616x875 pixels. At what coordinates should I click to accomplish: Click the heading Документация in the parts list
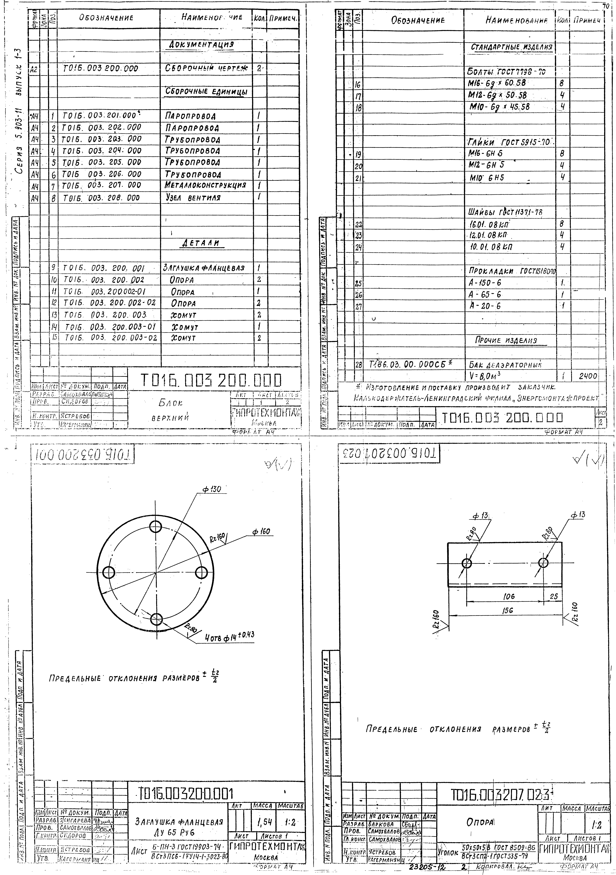tap(201, 45)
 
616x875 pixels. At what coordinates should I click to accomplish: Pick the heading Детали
tap(202, 243)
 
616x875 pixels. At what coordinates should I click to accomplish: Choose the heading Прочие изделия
tap(506, 340)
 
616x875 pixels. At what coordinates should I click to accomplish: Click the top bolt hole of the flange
tap(155, 527)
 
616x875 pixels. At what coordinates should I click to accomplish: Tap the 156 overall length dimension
tap(508, 610)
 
